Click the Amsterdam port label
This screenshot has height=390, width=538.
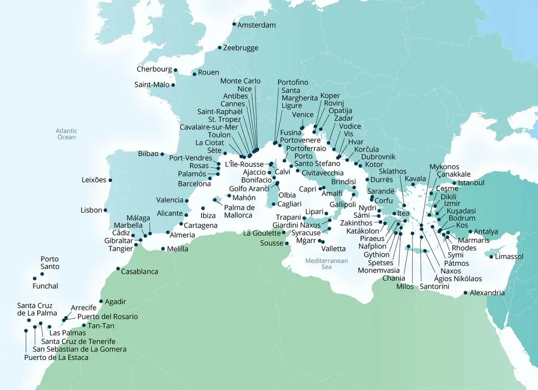[256, 25]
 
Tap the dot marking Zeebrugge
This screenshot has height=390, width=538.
[219, 48]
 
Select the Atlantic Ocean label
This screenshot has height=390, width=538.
[67, 134]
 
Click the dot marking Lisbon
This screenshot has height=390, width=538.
[105, 210]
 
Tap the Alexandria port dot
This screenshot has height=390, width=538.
[465, 294]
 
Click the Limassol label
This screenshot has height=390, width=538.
[510, 257]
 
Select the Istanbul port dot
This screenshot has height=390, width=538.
[454, 183]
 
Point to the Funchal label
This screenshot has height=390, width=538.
[45, 286]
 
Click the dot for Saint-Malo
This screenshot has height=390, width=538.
[173, 85]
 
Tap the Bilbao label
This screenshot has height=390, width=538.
[148, 153]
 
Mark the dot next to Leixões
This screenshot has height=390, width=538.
[110, 180]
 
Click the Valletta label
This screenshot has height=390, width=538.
[334, 248]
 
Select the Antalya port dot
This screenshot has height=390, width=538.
[470, 232]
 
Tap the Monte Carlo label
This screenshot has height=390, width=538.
[240, 81]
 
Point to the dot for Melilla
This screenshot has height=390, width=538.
[163, 249]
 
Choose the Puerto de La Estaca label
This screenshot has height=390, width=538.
[56, 357]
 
